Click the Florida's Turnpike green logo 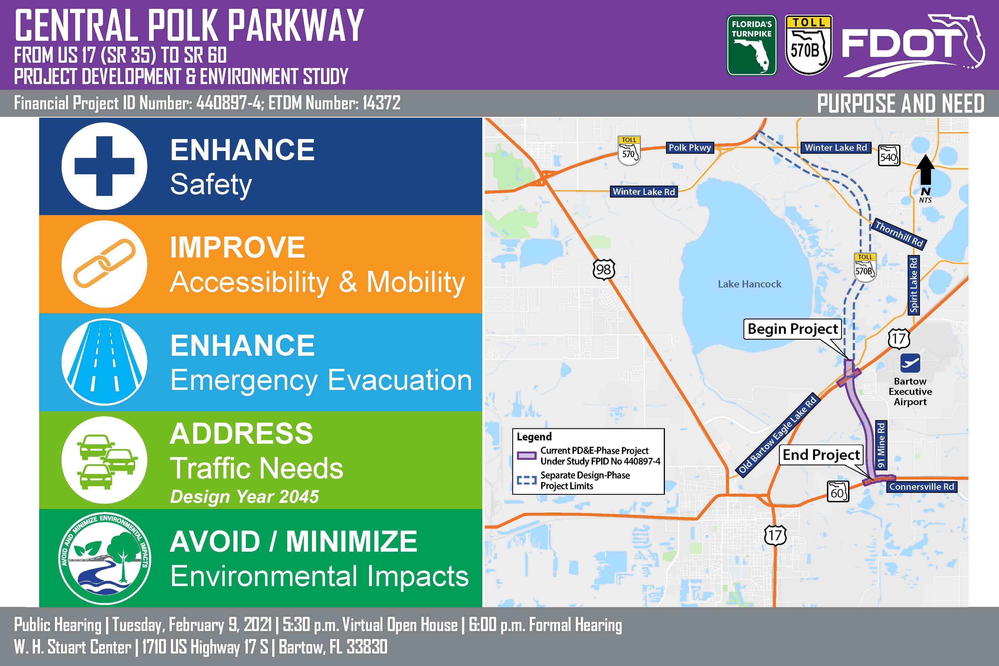tap(751, 46)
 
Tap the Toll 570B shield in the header tap(809, 46)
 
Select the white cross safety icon tap(105, 166)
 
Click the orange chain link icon tap(105, 263)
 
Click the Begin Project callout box tap(793, 329)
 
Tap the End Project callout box tap(821, 455)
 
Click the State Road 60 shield tap(837, 492)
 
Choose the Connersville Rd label tap(922, 487)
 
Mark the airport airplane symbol tap(910, 363)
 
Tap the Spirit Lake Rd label tap(914, 285)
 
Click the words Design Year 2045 tap(244, 496)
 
